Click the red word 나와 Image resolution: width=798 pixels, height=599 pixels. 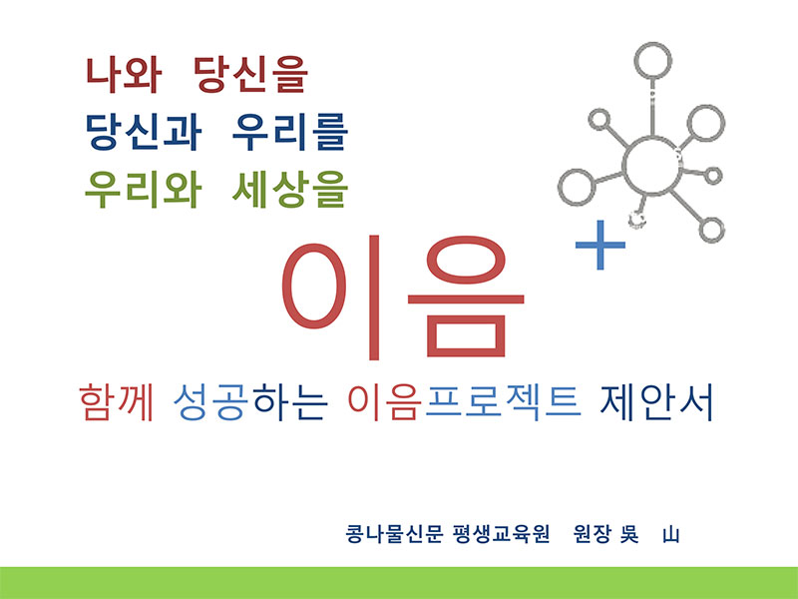(124, 75)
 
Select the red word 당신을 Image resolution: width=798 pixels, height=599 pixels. (251, 75)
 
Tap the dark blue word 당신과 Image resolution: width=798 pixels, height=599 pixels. (143, 132)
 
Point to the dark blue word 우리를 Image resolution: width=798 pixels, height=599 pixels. (290, 132)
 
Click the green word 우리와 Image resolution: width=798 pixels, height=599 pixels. (143, 189)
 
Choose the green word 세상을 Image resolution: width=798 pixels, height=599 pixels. (290, 189)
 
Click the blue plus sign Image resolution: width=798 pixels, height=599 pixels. (600, 245)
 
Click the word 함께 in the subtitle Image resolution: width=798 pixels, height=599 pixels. (117, 402)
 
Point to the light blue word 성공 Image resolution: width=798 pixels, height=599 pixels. (210, 402)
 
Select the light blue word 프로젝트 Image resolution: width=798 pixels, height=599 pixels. (503, 402)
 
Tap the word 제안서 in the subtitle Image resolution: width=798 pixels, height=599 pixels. (657, 402)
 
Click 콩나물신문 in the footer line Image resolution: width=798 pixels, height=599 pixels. (394, 534)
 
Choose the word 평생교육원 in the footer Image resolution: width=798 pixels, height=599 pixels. (501, 534)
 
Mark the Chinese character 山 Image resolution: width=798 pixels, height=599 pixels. (670, 535)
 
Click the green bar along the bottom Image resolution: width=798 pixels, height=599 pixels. (399, 583)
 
